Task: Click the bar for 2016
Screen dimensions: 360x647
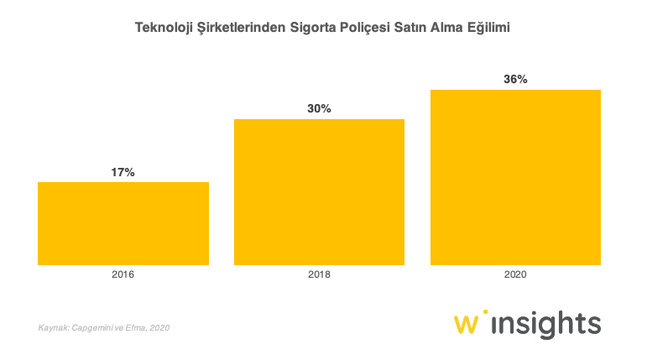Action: click(x=123, y=223)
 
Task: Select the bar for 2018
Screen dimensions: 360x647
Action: click(x=319, y=192)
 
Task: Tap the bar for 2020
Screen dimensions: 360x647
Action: click(x=515, y=177)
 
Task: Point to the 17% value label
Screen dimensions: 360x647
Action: click(x=123, y=172)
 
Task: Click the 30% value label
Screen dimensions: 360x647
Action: click(x=319, y=109)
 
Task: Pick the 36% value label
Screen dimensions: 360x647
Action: click(x=515, y=80)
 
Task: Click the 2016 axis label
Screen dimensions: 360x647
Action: click(x=123, y=274)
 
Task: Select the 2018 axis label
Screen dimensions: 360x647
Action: click(x=319, y=274)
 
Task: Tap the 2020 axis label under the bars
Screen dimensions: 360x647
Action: click(x=515, y=274)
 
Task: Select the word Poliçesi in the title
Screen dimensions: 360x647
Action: click(x=384, y=28)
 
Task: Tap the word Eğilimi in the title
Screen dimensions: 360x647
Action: click(x=487, y=28)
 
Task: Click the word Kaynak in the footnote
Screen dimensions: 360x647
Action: click(x=52, y=327)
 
